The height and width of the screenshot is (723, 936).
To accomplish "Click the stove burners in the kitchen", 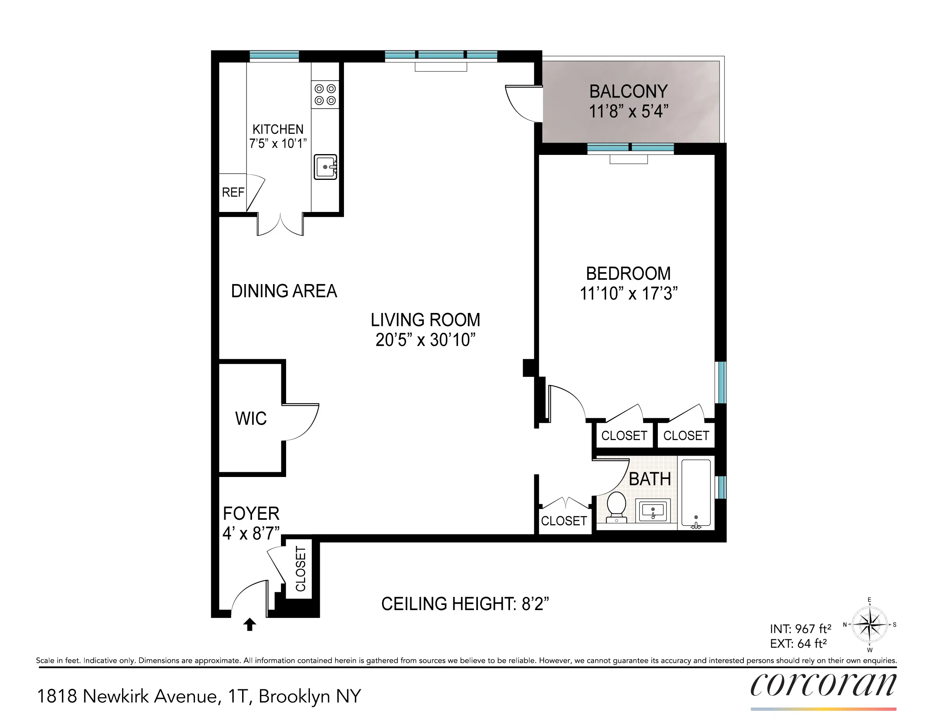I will (325, 94).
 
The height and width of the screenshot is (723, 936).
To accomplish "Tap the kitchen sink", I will (325, 167).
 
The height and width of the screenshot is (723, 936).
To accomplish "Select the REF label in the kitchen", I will (233, 193).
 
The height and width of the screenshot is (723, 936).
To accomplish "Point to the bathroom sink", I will (652, 510).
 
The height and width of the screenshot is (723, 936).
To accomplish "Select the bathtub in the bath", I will (696, 493).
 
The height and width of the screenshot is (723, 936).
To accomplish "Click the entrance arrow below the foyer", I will (250, 624).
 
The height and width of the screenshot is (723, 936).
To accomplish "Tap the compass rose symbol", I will (869, 624).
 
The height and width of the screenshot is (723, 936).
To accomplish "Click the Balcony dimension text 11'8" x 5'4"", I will (628, 111).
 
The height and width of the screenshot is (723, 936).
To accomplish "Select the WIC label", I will (251, 419).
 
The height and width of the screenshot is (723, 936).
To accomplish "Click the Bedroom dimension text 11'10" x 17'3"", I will (628, 294).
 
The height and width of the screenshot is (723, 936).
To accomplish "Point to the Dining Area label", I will (284, 291).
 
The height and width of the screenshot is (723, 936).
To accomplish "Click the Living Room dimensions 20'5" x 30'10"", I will (425, 340).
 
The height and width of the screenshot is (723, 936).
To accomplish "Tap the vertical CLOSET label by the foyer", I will (301, 569).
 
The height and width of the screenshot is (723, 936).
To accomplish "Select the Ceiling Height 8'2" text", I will (464, 604).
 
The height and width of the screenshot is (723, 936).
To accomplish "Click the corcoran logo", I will (823, 685).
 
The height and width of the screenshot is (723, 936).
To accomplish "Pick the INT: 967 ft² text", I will (800, 629).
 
